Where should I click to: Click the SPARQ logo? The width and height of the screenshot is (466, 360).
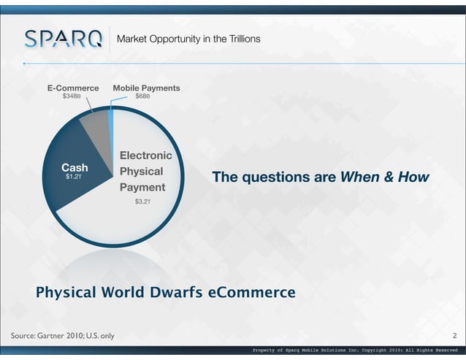[63, 38]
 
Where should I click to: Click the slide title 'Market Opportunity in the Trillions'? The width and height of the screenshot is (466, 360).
[188, 38]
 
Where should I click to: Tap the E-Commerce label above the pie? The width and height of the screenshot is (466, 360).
[73, 88]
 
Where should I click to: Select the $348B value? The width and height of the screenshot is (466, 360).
[72, 96]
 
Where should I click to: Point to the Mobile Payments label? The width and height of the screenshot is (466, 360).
[146, 88]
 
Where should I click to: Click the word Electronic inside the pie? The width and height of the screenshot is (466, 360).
[145, 156]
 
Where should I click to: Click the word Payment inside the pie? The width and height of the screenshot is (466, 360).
[142, 187]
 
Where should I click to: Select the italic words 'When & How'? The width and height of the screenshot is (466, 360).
[383, 177]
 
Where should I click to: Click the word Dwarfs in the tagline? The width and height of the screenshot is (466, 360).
[175, 293]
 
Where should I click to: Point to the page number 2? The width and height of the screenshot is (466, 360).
[454, 336]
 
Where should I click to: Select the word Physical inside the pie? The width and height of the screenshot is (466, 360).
[141, 172]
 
